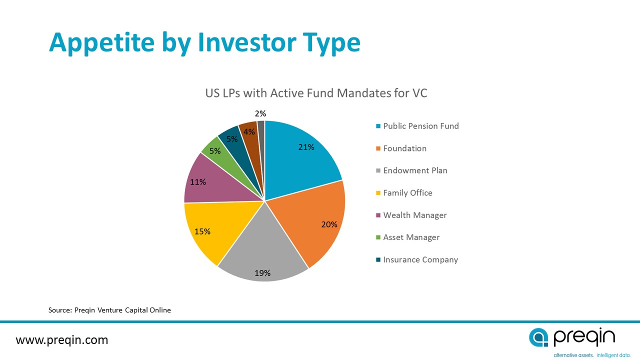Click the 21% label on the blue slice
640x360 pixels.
(x=306, y=147)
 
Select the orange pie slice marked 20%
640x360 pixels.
(x=311, y=225)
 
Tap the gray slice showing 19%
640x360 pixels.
(x=263, y=251)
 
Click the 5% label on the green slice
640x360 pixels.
(x=215, y=151)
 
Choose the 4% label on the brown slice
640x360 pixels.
(x=249, y=131)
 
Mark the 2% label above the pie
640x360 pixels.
(x=260, y=113)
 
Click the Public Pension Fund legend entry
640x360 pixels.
(x=417, y=126)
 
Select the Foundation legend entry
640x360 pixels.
(x=401, y=148)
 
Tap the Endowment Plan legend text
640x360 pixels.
(x=415, y=170)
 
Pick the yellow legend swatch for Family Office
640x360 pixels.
(x=378, y=193)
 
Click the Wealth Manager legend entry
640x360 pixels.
(x=411, y=215)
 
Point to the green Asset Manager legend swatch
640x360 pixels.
(x=378, y=237)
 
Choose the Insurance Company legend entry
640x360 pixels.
(x=417, y=259)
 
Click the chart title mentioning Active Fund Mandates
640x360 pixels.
(x=316, y=93)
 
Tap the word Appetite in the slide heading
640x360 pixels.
(x=101, y=43)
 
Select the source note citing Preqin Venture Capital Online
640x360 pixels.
(x=109, y=310)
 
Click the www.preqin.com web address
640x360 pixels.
(x=61, y=340)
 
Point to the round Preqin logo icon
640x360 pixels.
(x=538, y=337)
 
